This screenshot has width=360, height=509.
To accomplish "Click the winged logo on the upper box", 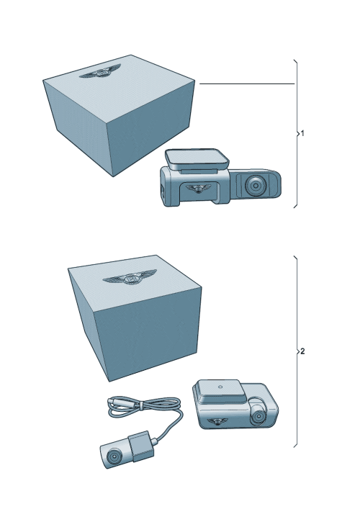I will tap(96, 73).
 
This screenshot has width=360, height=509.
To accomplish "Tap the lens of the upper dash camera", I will tap(254, 186).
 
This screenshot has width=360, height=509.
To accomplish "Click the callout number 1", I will tap(302, 133).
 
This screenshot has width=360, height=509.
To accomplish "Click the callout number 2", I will tap(302, 351).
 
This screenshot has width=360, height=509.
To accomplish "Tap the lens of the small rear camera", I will tap(112, 456).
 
